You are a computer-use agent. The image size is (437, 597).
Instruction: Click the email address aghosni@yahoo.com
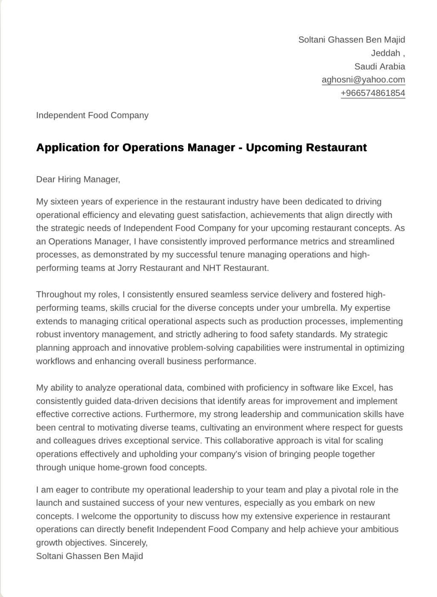tap(363, 80)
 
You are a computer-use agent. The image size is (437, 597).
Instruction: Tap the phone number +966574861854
tap(373, 93)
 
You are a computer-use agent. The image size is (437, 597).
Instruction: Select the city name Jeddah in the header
tap(386, 53)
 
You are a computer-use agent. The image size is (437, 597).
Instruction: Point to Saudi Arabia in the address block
tap(379, 67)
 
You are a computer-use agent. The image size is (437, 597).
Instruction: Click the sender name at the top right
tap(351, 40)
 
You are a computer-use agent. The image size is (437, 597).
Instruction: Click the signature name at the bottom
tap(90, 556)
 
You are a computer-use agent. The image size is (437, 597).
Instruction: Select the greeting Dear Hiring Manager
tap(78, 180)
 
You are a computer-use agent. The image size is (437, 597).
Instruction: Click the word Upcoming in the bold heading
tap(269, 148)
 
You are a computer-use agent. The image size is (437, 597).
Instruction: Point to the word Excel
tap(363, 388)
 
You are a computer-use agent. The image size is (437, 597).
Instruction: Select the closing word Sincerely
tap(128, 543)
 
